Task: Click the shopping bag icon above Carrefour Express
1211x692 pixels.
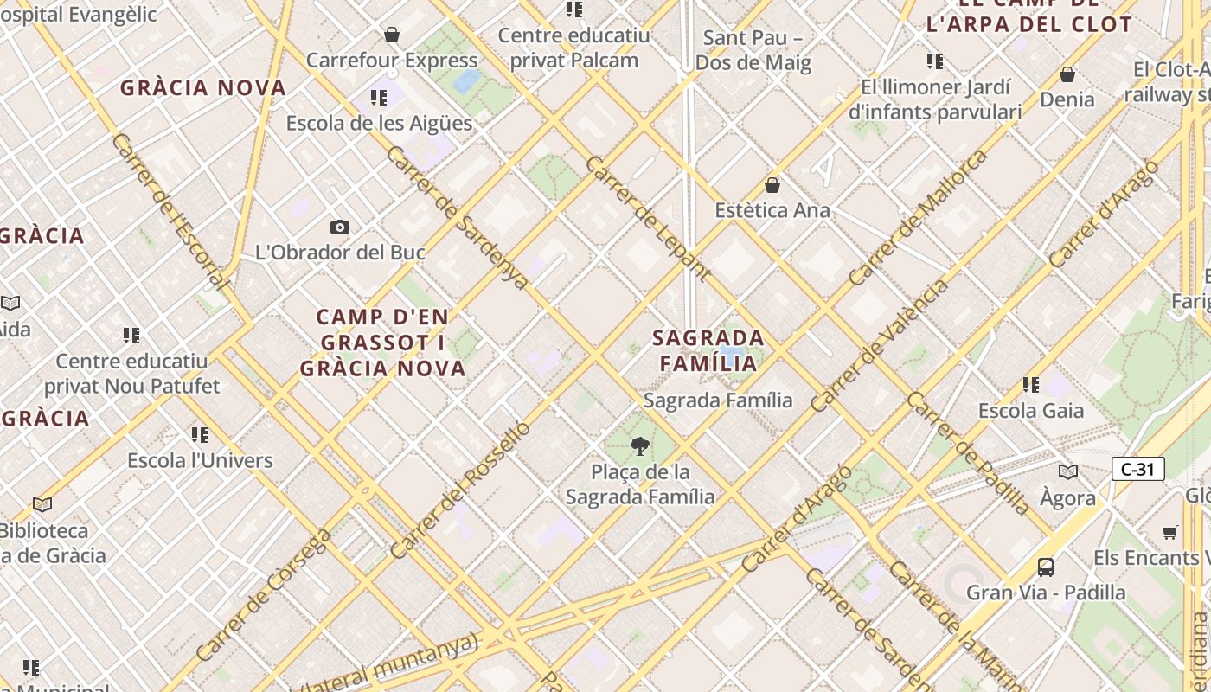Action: (392, 35)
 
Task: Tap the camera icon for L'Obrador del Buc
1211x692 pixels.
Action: (340, 227)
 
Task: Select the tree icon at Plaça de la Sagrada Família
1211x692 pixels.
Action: (640, 446)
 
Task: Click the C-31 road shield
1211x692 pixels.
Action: (1137, 470)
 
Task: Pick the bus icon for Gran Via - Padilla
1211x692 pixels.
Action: (1046, 567)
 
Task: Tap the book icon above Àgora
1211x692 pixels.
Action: (1068, 472)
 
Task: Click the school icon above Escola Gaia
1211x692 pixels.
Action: (1030, 384)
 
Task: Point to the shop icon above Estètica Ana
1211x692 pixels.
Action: (772, 185)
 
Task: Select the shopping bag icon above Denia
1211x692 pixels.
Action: (1067, 74)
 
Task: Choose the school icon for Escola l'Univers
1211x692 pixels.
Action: (200, 434)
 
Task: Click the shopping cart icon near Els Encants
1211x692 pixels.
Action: (1170, 532)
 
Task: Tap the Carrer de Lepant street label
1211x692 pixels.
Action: (648, 218)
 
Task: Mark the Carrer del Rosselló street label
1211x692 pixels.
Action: (459, 490)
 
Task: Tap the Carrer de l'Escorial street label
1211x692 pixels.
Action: (170, 211)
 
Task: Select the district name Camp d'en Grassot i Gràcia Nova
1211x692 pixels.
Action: (382, 343)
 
